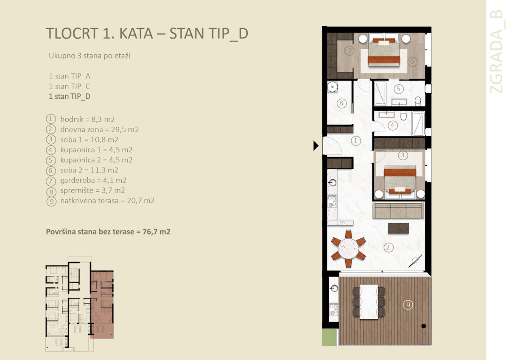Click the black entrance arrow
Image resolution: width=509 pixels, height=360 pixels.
[x=316, y=146]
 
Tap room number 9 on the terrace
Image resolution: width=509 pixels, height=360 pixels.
[x=407, y=304]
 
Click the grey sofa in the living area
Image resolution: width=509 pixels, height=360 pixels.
[x=398, y=210]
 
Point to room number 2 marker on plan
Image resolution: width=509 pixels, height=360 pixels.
[x=387, y=247]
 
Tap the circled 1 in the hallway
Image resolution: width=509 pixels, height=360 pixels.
[x=356, y=140]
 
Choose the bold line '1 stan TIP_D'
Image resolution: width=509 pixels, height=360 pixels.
[x=70, y=96]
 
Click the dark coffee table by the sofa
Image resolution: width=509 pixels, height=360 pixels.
[x=398, y=228]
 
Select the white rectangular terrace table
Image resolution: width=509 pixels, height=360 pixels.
[x=369, y=301]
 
